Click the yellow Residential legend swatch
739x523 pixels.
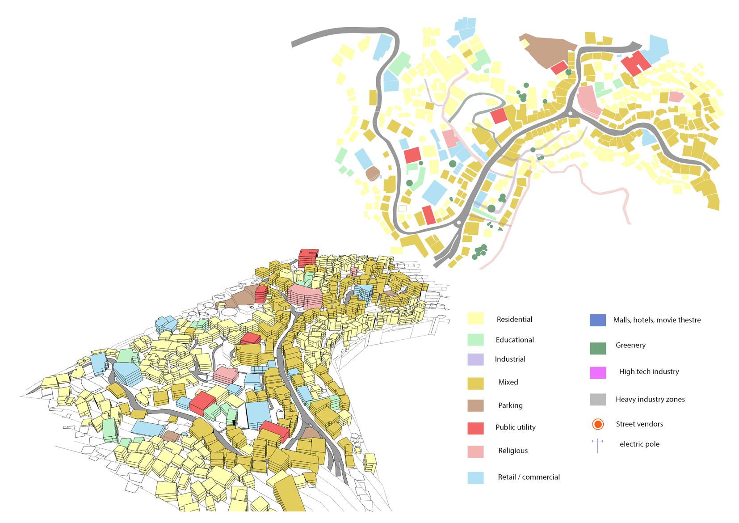pyautogui.click(x=475, y=318)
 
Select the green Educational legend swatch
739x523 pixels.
pyautogui.click(x=475, y=339)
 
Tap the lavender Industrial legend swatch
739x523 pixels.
pyautogui.click(x=475, y=359)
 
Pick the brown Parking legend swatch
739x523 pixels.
pyautogui.click(x=475, y=405)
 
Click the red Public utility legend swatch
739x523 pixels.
pyautogui.click(x=475, y=428)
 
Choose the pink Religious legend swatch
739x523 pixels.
pyautogui.click(x=475, y=451)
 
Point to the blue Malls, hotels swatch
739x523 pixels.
pyautogui.click(x=597, y=320)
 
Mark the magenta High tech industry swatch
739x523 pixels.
pyautogui.click(x=597, y=372)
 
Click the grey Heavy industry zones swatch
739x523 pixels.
pyautogui.click(x=597, y=399)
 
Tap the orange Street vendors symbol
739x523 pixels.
pyautogui.click(x=597, y=424)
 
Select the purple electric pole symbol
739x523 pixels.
pyautogui.click(x=597, y=446)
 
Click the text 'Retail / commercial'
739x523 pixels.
pyautogui.click(x=529, y=477)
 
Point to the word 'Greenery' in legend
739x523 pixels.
pyautogui.click(x=630, y=345)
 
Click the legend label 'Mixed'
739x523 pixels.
pyautogui.click(x=508, y=382)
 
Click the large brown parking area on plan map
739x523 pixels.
pyautogui.click(x=547, y=50)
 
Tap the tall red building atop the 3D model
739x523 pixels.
pyautogui.click(x=308, y=257)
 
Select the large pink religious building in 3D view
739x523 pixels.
pyautogui.click(x=305, y=296)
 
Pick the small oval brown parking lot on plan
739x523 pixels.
pyautogui.click(x=372, y=173)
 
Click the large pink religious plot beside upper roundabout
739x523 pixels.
pyautogui.click(x=589, y=102)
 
